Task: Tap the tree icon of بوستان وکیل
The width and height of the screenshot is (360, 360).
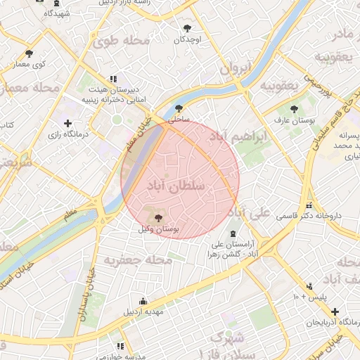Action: click(x=157, y=218)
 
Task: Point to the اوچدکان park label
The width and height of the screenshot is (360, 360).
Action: click(x=187, y=40)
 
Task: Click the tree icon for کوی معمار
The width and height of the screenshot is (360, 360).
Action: click(x=29, y=53)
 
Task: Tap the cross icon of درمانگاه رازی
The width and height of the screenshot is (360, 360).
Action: click(x=67, y=123)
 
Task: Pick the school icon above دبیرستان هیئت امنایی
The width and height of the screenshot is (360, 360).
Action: click(x=112, y=79)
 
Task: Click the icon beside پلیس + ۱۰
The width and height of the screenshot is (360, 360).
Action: click(x=309, y=285)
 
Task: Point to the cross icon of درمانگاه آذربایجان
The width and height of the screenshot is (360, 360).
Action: click(x=335, y=311)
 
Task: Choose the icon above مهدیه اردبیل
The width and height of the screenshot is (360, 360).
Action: click(x=143, y=301)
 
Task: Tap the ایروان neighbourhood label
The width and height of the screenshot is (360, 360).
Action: click(x=235, y=69)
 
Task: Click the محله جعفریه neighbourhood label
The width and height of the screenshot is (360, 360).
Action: click(x=129, y=260)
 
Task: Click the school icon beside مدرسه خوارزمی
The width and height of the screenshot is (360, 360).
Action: click(x=120, y=346)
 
